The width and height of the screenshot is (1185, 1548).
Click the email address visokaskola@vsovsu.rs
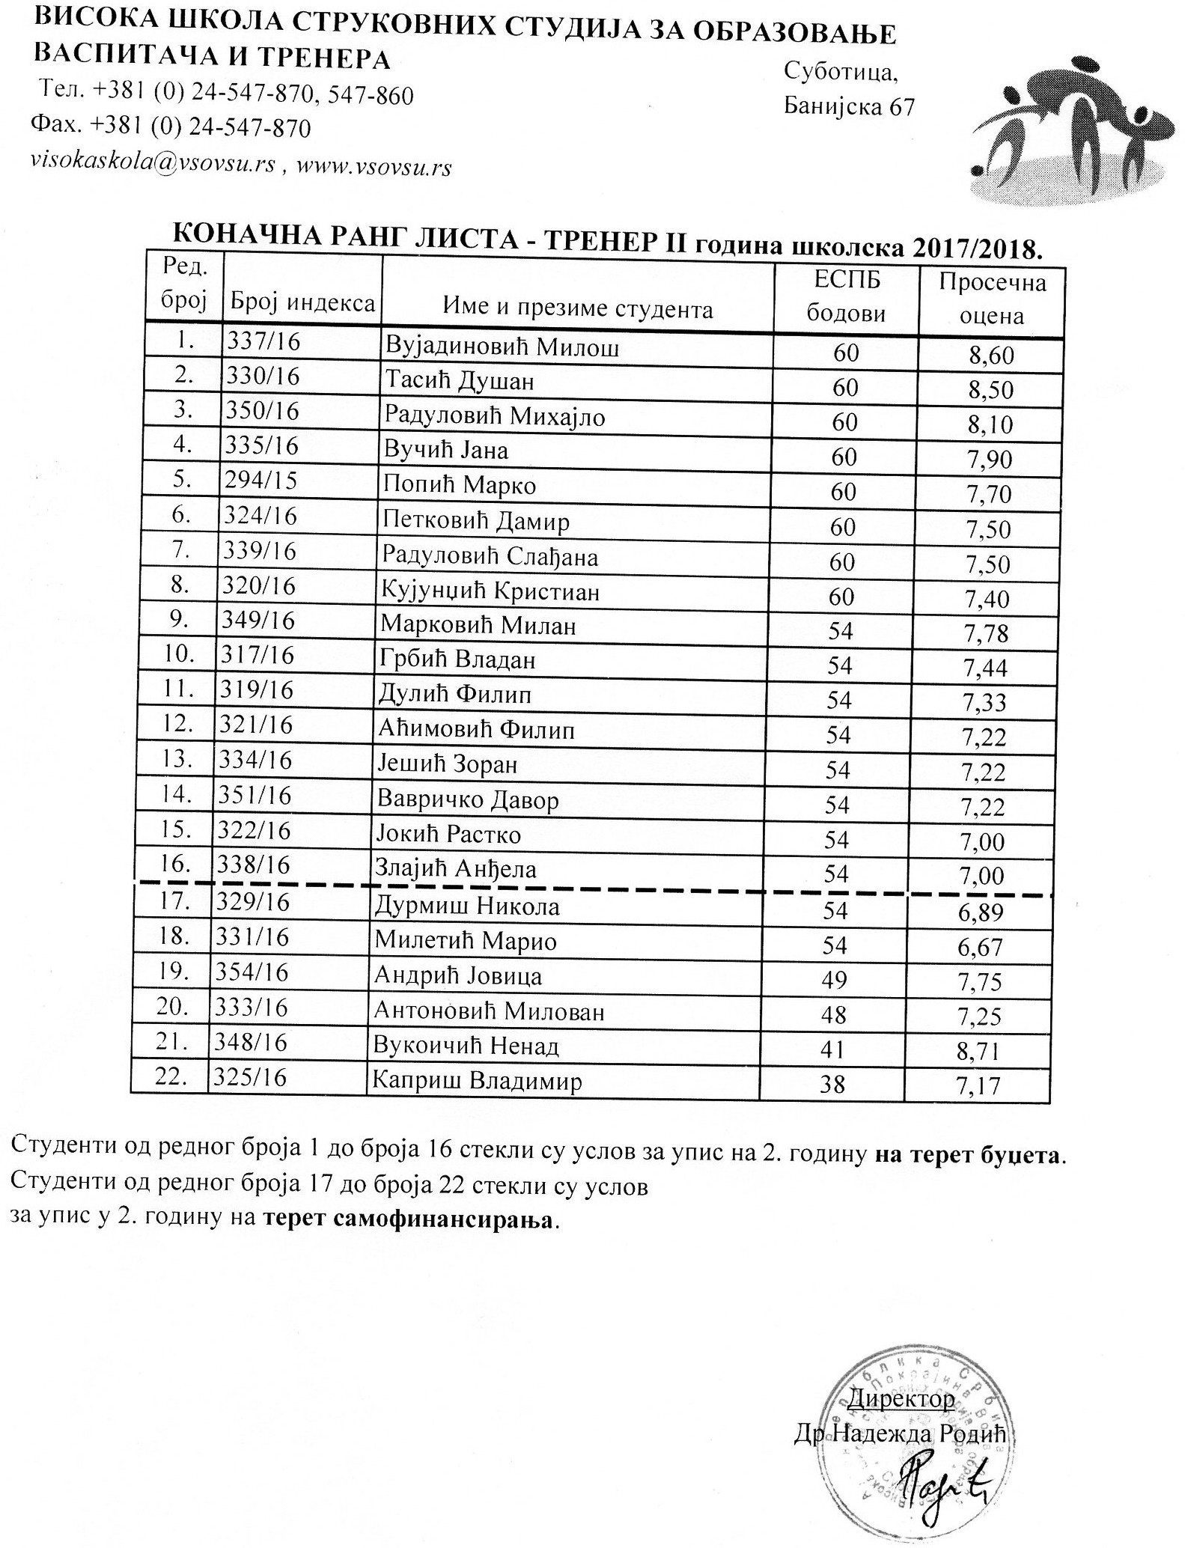[x=153, y=163]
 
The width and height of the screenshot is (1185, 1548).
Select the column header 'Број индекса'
[x=302, y=302]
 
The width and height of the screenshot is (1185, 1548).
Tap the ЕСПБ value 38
[x=832, y=1083]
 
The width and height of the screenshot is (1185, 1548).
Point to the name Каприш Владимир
[x=478, y=1082]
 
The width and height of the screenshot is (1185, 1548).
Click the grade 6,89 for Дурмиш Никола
[x=980, y=912]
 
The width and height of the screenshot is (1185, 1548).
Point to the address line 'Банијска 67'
[x=849, y=108]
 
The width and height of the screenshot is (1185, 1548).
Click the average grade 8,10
[x=990, y=424]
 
